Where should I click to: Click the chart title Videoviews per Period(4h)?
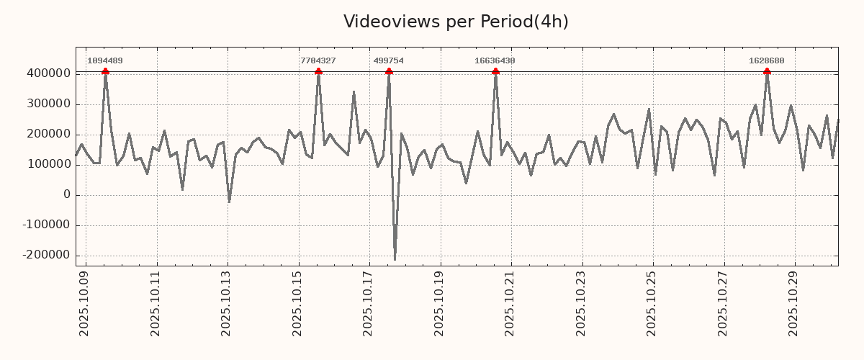click(456, 22)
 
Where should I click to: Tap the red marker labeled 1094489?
click(105, 71)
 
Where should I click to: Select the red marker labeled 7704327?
click(318, 71)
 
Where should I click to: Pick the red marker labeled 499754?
click(389, 71)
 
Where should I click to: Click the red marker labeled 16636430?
click(495, 71)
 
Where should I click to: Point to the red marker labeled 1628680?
click(767, 71)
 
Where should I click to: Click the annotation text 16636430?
click(495, 60)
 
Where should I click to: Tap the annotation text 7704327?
click(318, 60)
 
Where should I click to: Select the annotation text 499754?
click(388, 60)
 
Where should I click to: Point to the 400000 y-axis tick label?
click(48, 73)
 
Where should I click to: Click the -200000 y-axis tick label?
click(46, 255)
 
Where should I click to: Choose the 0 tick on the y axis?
click(67, 194)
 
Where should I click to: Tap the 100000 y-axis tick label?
click(48, 164)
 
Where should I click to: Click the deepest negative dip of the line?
click(395, 259)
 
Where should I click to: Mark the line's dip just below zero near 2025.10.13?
click(229, 202)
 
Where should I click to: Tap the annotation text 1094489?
click(104, 60)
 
